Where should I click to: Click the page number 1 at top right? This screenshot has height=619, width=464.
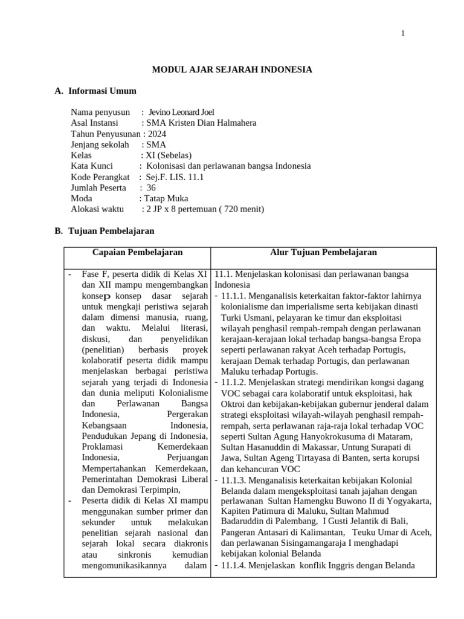point(403,33)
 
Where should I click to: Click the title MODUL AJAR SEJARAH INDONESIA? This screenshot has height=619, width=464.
point(232,70)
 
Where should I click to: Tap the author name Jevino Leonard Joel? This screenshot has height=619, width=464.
point(181,112)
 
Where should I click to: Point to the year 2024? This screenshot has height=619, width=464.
point(155,134)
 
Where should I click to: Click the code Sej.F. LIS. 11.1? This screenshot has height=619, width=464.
point(172,177)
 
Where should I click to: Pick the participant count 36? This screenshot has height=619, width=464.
point(151,188)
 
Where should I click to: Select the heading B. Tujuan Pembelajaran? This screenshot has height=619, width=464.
point(105,231)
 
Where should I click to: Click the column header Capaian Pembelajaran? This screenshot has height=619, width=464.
point(137,253)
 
